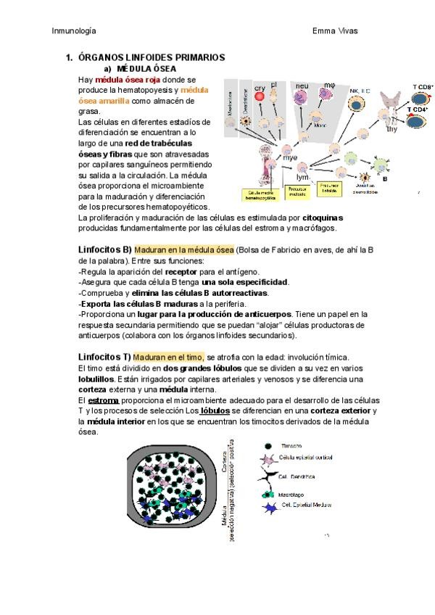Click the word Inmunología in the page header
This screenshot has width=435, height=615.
click(75, 30)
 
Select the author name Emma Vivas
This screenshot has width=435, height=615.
click(335, 30)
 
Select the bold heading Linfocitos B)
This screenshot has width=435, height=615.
click(104, 249)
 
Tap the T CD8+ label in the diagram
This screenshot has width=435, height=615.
click(423, 86)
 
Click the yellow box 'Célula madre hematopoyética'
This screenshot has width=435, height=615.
click(260, 194)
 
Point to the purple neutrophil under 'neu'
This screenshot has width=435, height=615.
click(302, 91)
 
